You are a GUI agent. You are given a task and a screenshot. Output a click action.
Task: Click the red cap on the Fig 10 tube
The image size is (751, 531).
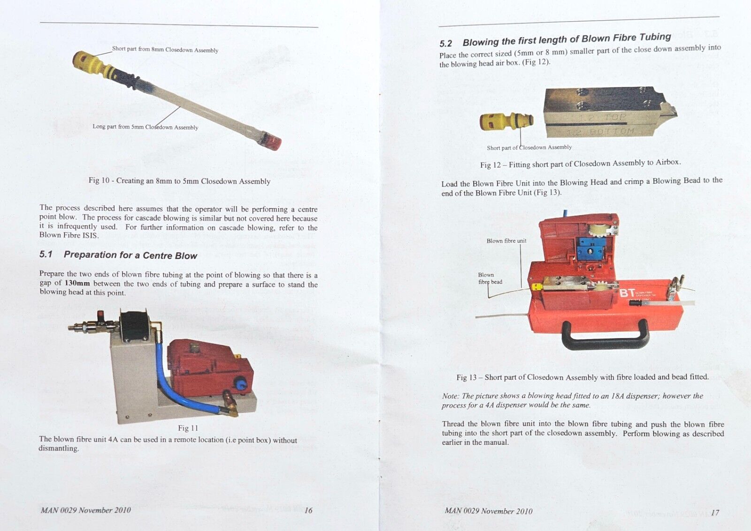271,139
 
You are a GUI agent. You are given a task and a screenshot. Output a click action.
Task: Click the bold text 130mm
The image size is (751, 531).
77,283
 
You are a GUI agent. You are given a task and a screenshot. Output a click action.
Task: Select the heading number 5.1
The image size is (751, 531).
46,254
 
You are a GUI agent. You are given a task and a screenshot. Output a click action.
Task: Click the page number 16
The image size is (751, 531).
308,510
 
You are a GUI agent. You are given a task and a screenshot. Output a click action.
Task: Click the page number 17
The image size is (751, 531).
714,513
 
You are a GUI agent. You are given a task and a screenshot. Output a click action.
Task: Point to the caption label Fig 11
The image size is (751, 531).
188,428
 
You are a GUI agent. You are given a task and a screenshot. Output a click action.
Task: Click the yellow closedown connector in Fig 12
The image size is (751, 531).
506,122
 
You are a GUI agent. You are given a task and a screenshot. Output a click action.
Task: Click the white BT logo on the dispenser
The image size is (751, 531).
628,293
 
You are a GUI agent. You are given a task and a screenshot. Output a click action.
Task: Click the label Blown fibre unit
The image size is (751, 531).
506,241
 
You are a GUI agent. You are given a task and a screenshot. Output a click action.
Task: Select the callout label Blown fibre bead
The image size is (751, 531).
490,278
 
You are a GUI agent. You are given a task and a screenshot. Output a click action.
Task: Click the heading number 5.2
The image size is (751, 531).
445,44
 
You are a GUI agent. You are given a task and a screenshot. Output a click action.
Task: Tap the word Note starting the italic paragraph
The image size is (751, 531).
450,396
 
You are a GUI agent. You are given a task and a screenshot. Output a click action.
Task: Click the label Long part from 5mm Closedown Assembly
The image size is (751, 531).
145,127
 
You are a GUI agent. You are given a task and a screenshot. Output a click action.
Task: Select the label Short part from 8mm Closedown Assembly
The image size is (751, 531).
165,49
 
